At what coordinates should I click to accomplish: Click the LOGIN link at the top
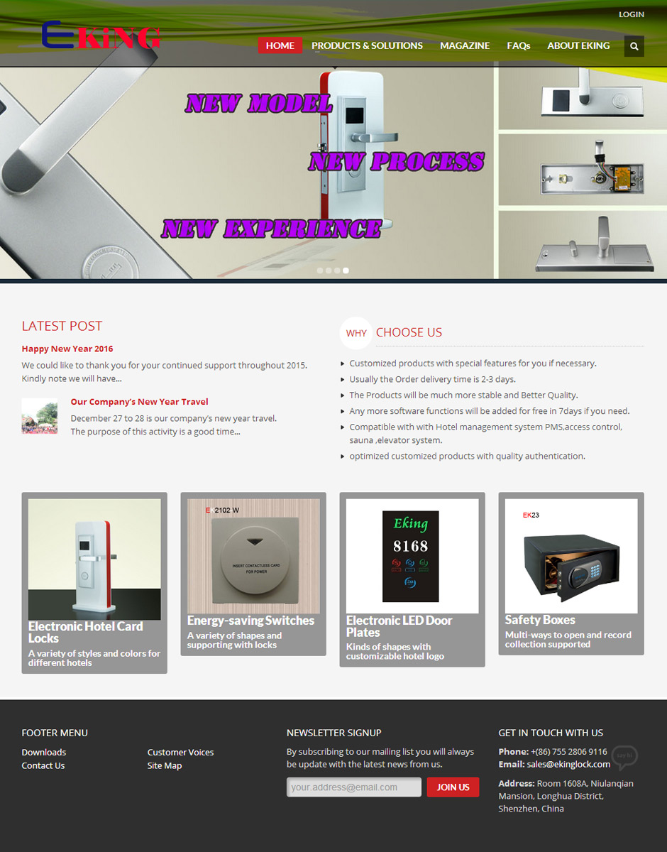click(x=631, y=14)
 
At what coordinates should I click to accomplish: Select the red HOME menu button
click(x=280, y=45)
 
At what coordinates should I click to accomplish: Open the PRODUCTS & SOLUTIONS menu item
click(x=367, y=45)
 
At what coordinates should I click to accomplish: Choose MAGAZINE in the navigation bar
click(x=465, y=45)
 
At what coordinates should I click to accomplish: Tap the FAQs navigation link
click(x=518, y=45)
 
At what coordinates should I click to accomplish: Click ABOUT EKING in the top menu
click(x=578, y=45)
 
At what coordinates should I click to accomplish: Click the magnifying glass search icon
click(x=634, y=46)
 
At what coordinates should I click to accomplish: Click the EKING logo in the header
click(x=101, y=35)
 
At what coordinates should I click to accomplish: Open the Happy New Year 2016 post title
click(x=67, y=349)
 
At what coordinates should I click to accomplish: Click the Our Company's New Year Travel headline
click(x=139, y=402)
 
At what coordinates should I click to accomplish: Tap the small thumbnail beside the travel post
click(x=39, y=416)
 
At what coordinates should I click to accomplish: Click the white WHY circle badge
click(x=356, y=333)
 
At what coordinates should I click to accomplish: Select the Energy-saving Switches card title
click(x=250, y=621)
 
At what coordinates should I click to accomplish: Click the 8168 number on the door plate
click(x=410, y=546)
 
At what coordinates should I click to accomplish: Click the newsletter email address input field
click(x=353, y=787)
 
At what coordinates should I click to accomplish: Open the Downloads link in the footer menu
click(x=44, y=752)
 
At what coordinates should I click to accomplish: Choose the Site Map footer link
click(x=165, y=765)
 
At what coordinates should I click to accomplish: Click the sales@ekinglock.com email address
click(x=568, y=764)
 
